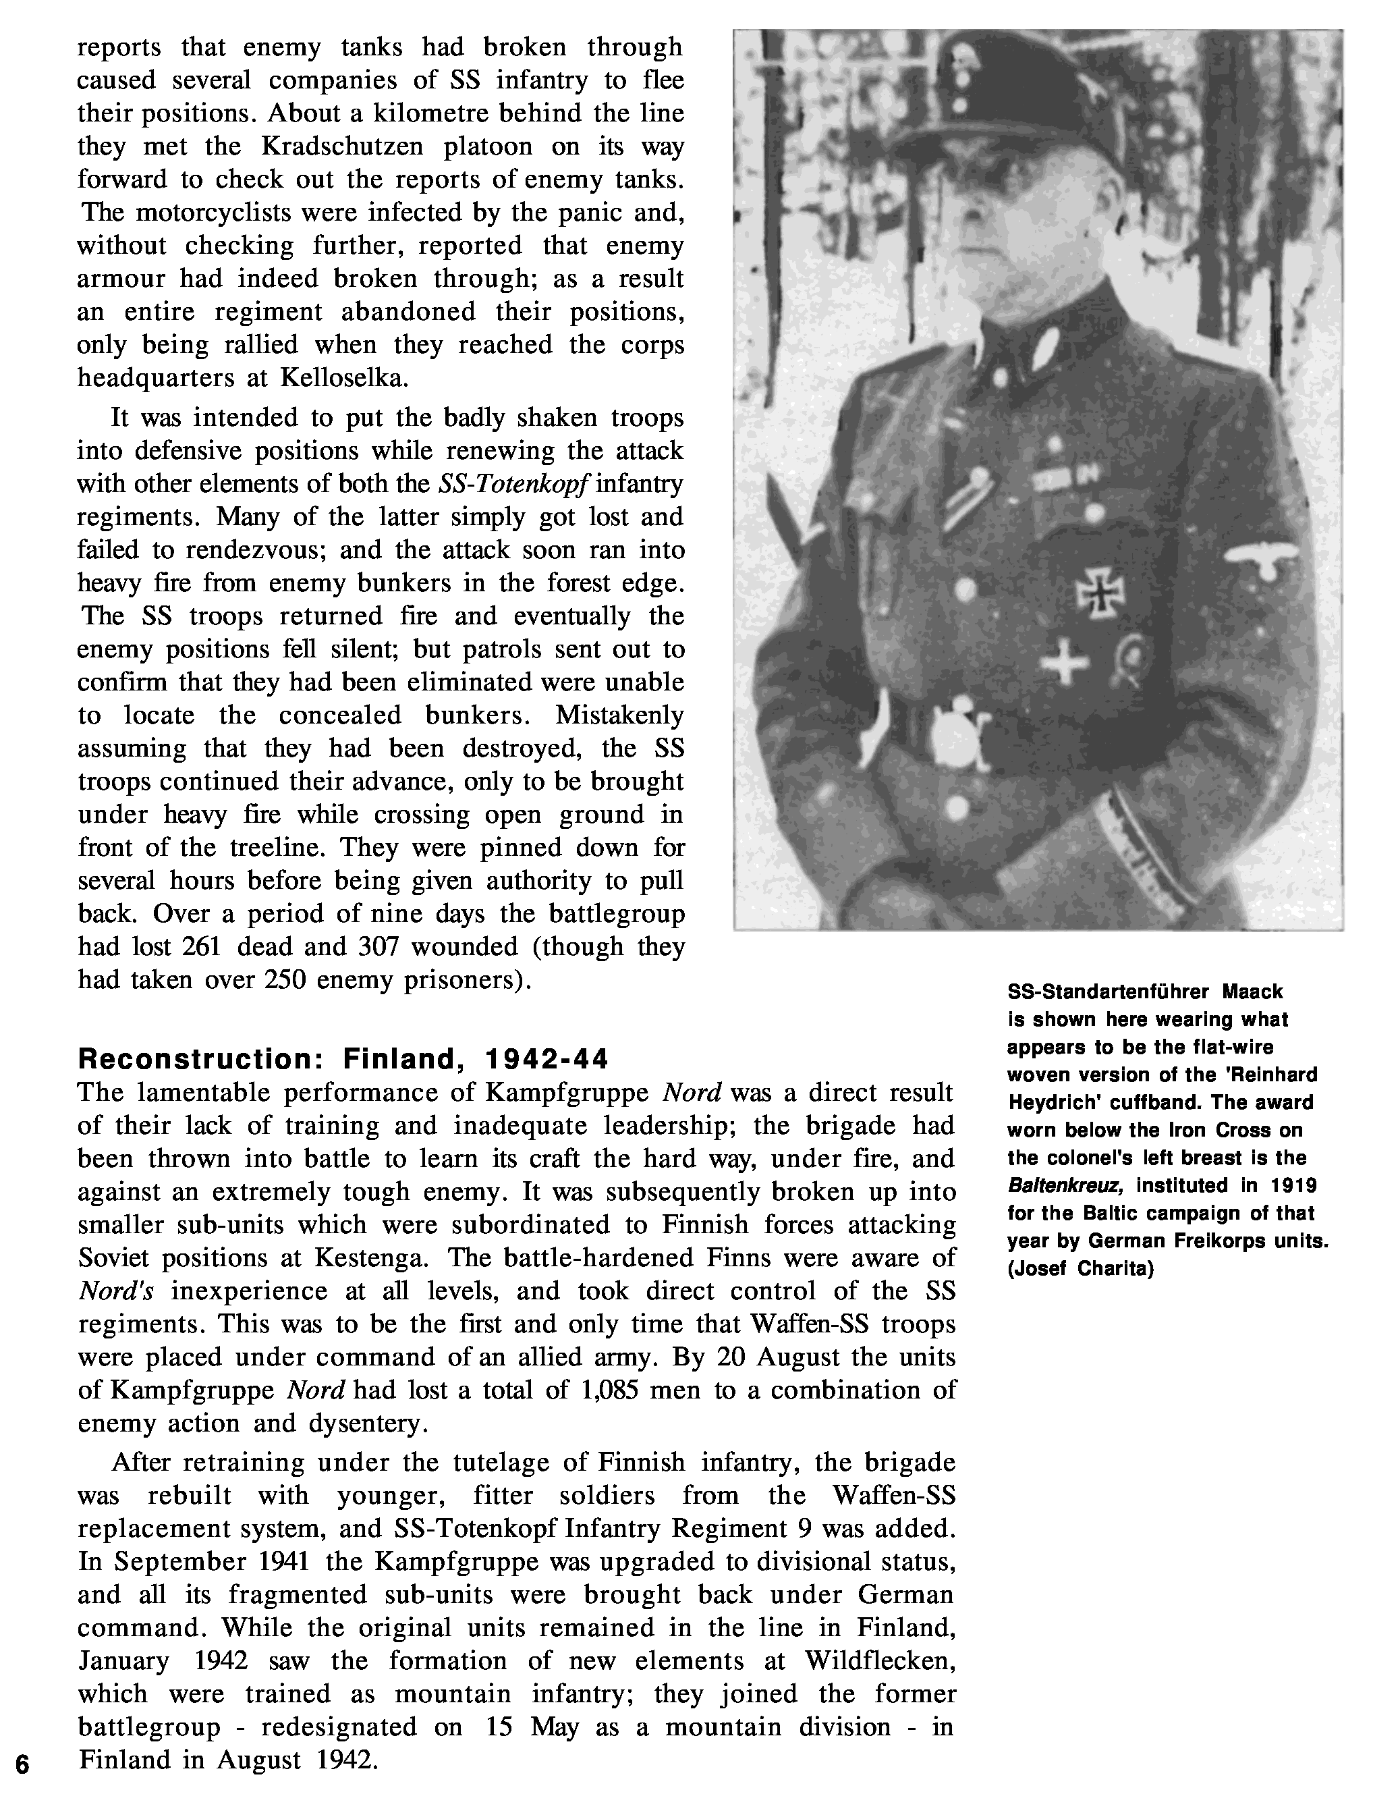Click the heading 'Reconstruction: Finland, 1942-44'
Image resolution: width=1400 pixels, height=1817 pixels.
click(343, 1059)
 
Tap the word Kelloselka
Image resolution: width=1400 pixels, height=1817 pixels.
click(343, 378)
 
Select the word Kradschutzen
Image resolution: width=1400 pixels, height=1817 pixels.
click(342, 146)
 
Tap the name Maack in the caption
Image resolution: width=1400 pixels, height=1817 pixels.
click(1253, 992)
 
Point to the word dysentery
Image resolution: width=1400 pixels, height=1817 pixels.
click(368, 1423)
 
